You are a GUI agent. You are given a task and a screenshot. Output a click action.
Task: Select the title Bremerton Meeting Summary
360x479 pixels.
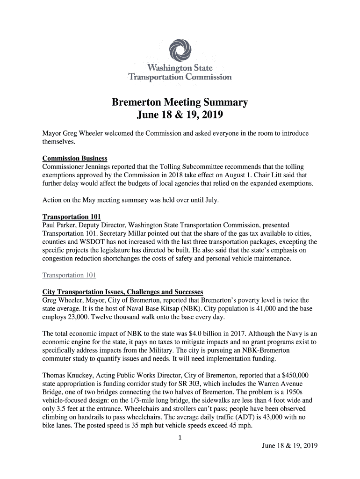click(x=180, y=102)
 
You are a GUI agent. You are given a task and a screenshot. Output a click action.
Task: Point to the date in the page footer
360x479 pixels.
click(x=289, y=445)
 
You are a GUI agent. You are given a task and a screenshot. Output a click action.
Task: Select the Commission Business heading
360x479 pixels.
click(x=75, y=159)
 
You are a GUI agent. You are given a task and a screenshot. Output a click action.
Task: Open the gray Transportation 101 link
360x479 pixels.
click(x=69, y=275)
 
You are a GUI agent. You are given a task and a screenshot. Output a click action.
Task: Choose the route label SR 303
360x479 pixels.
click(x=178, y=385)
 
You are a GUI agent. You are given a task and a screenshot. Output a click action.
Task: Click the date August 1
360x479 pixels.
click(x=251, y=175)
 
